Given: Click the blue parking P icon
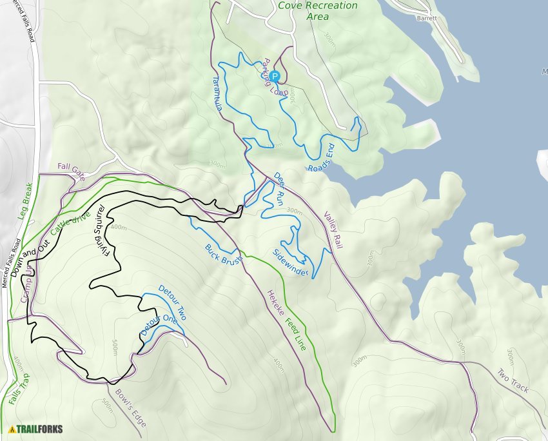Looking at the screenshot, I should click(x=275, y=76).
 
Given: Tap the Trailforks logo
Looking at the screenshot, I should click(x=32, y=429).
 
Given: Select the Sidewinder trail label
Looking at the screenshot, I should click(x=290, y=263).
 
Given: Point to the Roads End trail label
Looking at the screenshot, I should click(x=322, y=159).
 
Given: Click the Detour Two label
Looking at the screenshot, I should click(x=171, y=304).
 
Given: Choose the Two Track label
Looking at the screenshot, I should click(x=513, y=380).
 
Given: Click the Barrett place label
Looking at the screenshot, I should click(x=426, y=18).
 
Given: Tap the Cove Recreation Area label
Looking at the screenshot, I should click(x=317, y=10).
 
